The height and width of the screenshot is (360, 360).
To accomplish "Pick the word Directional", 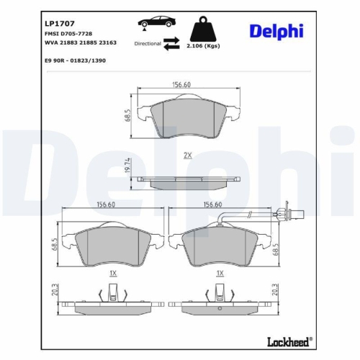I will (147, 44).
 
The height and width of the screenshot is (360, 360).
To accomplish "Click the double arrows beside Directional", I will (171, 45).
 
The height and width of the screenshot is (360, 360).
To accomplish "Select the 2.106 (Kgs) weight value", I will (204, 45).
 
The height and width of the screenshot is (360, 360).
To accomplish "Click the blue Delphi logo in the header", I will (276, 30).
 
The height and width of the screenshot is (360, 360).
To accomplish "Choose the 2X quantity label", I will (187, 155).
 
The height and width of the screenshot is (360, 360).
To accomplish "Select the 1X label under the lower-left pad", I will (113, 274).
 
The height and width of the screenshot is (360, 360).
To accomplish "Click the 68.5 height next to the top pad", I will (127, 115).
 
